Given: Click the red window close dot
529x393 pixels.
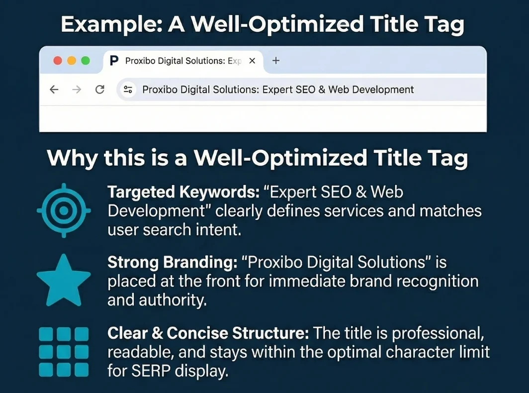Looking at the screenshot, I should coord(58,61).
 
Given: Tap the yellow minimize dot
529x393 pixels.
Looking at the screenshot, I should coord(72,61).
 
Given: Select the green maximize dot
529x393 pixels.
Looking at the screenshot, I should coord(86,61).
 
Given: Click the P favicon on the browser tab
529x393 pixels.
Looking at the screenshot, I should coord(114,61).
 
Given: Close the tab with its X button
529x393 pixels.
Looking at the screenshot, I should coord(252,61).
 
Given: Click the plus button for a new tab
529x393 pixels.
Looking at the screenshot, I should coord(276,61).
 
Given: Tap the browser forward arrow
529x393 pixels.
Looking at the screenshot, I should coord(77,90).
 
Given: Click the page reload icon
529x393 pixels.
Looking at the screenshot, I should coord(99,90).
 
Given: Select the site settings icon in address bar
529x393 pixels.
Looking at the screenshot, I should coord(128,90).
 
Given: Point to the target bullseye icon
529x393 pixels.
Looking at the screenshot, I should coord(64,210).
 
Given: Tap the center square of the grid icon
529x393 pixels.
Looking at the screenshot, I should coord(64,351).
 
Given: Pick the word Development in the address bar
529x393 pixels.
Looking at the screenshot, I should coord(382,90).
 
